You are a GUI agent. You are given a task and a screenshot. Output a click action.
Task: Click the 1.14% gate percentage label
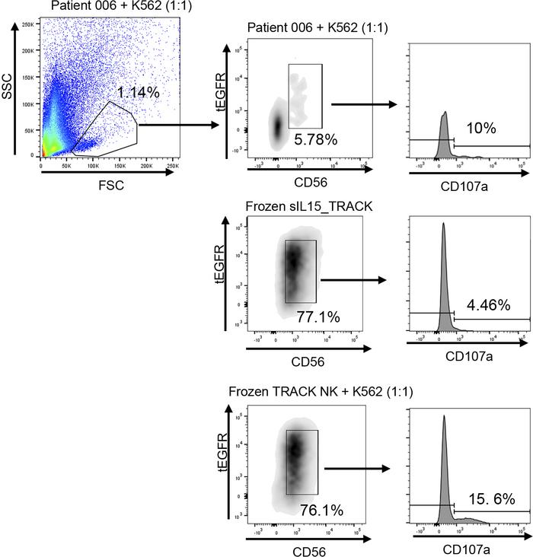(x=138, y=93)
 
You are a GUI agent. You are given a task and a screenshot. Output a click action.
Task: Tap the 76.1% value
(x=314, y=508)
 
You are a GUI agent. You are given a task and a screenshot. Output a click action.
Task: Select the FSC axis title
(x=107, y=183)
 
